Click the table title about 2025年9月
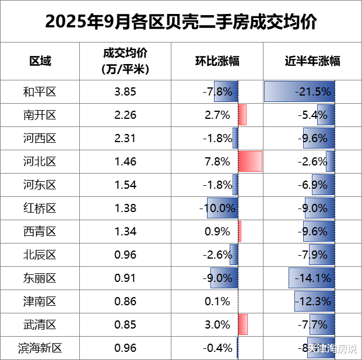point(181,22)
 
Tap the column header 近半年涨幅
point(312,61)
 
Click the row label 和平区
point(40,91)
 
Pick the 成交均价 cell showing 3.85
point(125,91)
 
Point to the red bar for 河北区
point(250,161)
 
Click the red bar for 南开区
point(242,115)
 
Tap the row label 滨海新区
point(40,348)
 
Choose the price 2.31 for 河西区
point(125,138)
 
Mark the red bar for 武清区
point(243,324)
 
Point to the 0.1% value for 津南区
point(217,301)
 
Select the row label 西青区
point(40,231)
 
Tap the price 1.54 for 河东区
point(125,185)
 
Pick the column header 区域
point(40,61)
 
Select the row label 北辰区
point(40,255)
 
